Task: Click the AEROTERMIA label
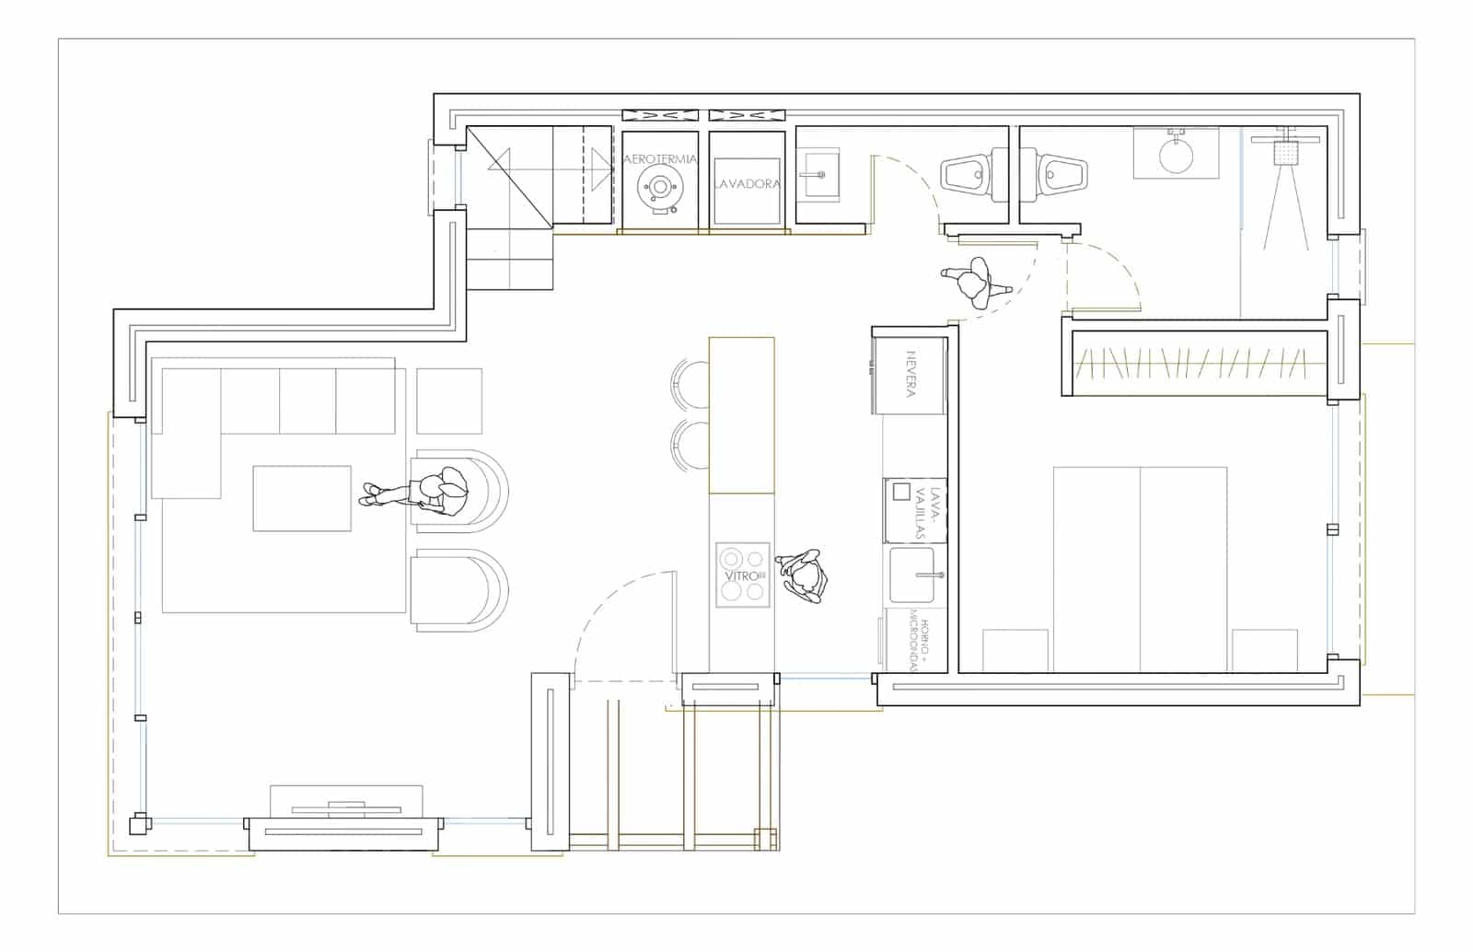[x=660, y=159]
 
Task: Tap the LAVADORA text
[x=747, y=184]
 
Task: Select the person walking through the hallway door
[x=976, y=281]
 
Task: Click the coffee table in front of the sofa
[x=302, y=498]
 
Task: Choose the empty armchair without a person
[x=458, y=590]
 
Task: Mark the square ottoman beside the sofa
[x=449, y=401]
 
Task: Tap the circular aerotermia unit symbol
[x=660, y=187]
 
